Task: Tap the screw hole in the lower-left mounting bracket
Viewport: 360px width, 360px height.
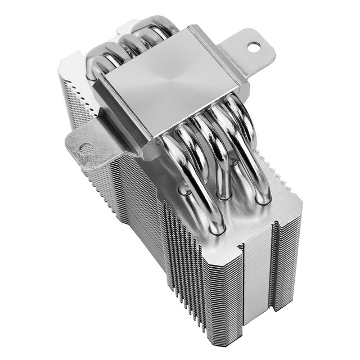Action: point(86,149)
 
